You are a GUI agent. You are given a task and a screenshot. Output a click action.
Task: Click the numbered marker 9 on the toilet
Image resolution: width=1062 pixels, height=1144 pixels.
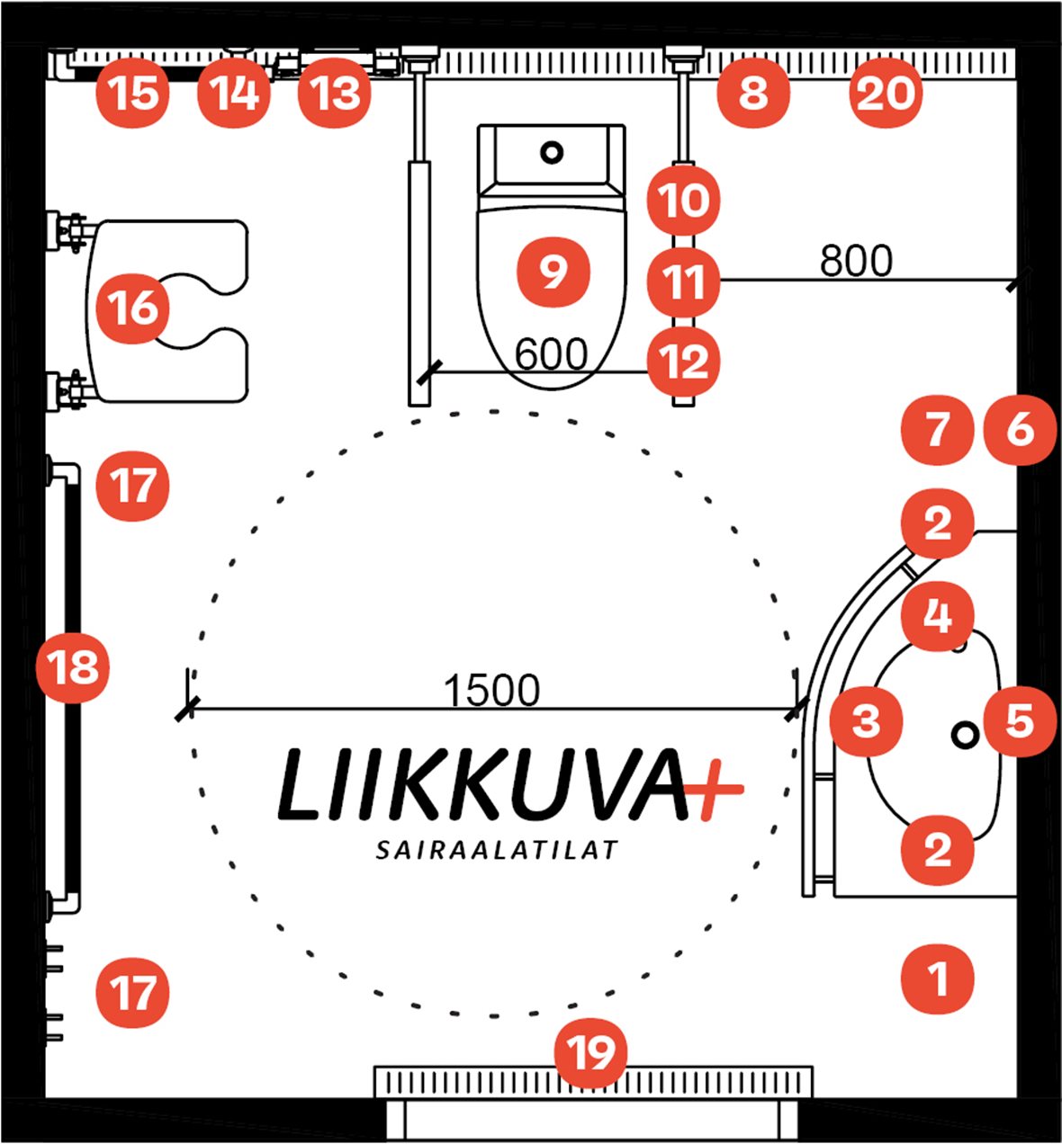[553, 271]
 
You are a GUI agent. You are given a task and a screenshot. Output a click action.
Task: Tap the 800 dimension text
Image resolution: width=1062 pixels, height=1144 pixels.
[856, 261]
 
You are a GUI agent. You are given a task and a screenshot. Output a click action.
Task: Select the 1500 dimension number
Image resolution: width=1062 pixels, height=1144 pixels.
[492, 691]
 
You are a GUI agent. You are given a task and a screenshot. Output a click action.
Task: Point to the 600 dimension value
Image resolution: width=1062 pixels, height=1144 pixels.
[551, 354]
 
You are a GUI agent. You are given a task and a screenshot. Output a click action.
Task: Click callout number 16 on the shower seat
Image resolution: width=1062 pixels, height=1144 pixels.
[133, 308]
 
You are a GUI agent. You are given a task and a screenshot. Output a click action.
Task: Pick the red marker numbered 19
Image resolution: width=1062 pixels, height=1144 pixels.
[590, 1051]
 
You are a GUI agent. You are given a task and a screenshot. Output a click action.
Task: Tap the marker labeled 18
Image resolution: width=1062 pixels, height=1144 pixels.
[73, 668]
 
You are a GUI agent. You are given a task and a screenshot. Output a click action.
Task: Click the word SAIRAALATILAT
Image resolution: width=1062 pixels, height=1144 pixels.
[497, 850]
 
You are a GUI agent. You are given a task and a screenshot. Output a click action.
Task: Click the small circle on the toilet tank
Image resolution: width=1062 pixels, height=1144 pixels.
[551, 153]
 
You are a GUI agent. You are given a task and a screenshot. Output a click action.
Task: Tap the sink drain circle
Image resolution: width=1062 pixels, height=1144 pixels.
[965, 735]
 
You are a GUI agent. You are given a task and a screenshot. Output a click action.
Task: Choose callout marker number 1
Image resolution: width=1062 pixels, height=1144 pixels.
[938, 978]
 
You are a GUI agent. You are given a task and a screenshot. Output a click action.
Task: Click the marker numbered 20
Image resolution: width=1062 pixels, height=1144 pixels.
[886, 94]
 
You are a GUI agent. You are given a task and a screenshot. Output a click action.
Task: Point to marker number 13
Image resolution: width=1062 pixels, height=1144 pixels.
[335, 94]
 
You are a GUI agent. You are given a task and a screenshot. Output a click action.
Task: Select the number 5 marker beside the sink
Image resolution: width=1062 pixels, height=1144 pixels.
[1019, 719]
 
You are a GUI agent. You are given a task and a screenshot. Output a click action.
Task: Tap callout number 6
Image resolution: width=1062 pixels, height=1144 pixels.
[1019, 430]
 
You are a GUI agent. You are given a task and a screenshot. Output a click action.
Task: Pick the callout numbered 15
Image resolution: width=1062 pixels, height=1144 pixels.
[134, 94]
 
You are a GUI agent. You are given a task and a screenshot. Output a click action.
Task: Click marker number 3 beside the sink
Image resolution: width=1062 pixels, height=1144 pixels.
[866, 719]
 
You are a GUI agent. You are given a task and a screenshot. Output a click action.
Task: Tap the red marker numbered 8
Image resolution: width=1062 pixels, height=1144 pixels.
[753, 94]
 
